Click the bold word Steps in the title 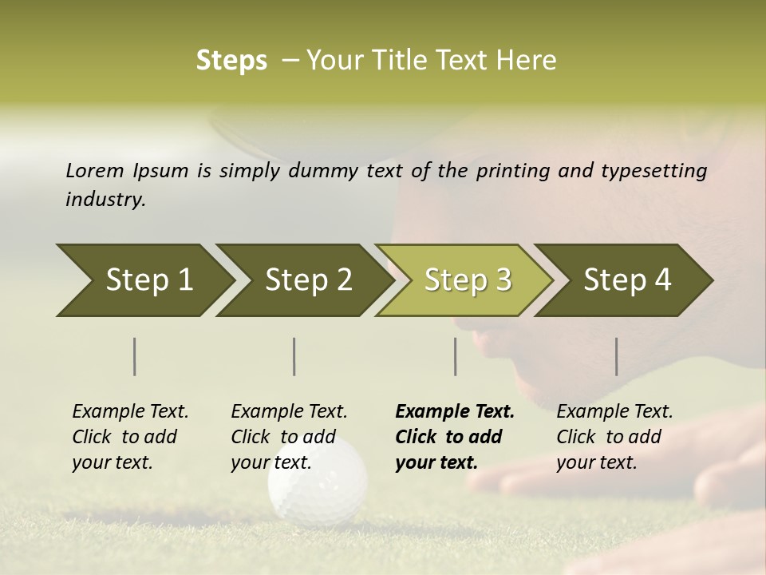point(231,61)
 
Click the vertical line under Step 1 point(135,356)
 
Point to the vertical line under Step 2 point(294,356)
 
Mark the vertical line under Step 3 point(455,356)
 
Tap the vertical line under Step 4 point(616,356)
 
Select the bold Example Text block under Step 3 point(454,437)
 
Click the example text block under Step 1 point(130,437)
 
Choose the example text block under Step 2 point(289,437)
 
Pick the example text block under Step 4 point(614,437)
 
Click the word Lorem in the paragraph point(95,171)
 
